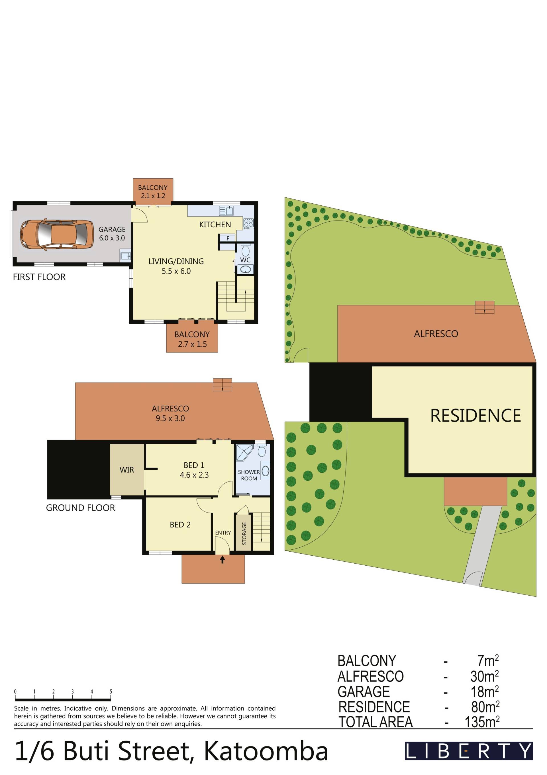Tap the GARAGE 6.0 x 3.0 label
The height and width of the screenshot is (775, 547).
point(112,234)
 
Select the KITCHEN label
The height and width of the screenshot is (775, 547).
point(215,224)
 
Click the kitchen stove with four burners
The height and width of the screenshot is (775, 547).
point(248,223)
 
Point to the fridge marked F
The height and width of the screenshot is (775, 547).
point(228,238)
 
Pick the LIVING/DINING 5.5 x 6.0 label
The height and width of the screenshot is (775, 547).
point(176,266)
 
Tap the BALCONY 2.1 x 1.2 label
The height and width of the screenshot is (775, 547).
point(153,191)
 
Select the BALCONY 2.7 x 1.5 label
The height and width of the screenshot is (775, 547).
point(192,339)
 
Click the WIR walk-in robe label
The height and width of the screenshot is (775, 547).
point(127,470)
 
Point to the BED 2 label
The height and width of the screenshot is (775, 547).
point(180,525)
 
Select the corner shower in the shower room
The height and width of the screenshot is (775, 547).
point(244,453)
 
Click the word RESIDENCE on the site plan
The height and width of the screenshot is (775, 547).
point(475,415)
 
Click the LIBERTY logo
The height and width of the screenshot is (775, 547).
point(469,751)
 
